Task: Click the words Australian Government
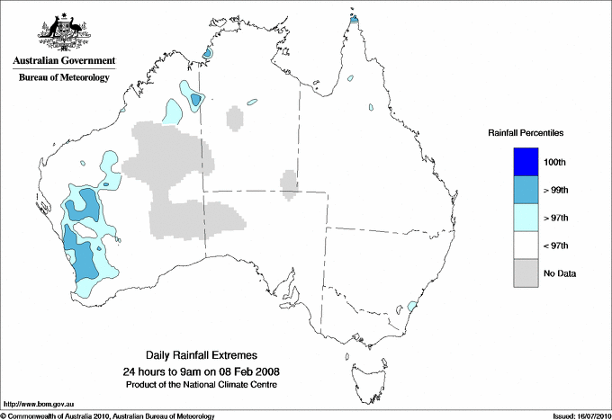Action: [64, 61]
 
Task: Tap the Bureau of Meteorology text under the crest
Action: [64, 78]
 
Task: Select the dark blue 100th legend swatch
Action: [526, 162]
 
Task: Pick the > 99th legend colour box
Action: [526, 190]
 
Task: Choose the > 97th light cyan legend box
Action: [526, 218]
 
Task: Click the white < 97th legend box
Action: [526, 246]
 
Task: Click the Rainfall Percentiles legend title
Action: [526, 132]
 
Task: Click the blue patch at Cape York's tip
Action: [354, 19]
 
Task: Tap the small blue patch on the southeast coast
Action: [412, 307]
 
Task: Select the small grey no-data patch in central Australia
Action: [289, 183]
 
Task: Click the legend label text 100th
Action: [555, 162]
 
